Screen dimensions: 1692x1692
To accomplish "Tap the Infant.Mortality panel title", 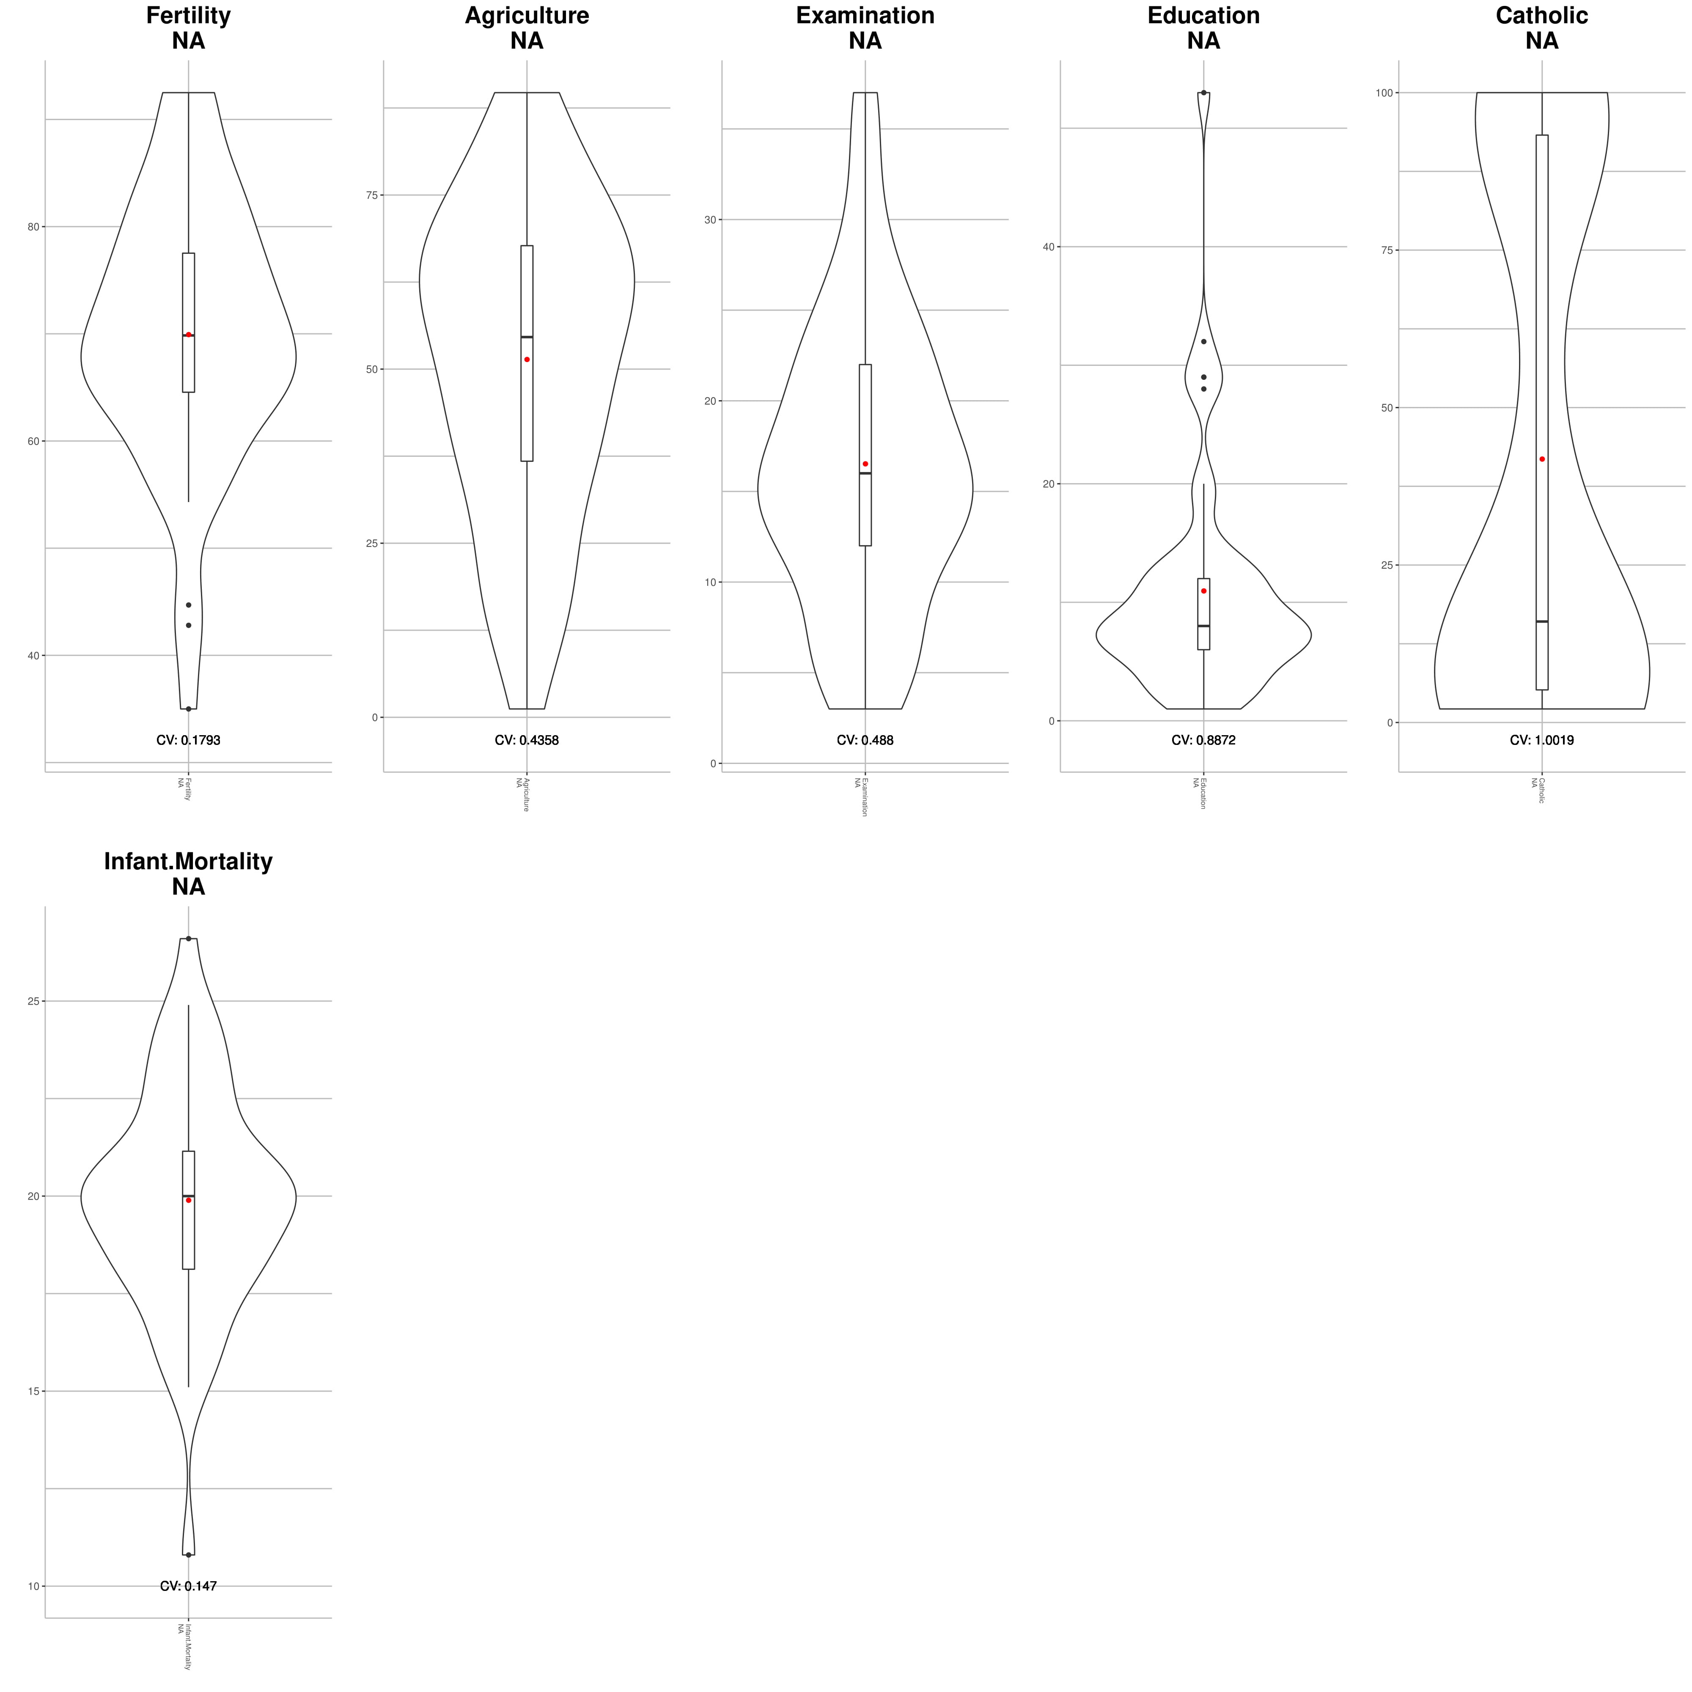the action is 188,862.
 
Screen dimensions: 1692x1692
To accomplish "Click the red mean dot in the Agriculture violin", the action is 526,359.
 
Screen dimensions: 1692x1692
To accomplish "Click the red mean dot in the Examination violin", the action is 865,463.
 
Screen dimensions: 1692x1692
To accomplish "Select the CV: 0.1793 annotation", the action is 188,740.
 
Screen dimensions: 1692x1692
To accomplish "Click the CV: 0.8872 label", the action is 1203,740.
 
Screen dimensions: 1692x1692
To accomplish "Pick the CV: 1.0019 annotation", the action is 1541,740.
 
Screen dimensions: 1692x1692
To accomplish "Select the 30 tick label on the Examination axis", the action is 710,220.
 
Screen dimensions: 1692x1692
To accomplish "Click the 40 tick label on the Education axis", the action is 1048,247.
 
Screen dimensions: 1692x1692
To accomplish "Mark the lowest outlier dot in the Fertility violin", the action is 188,709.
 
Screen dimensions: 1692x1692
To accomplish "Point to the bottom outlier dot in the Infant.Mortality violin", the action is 188,1555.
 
